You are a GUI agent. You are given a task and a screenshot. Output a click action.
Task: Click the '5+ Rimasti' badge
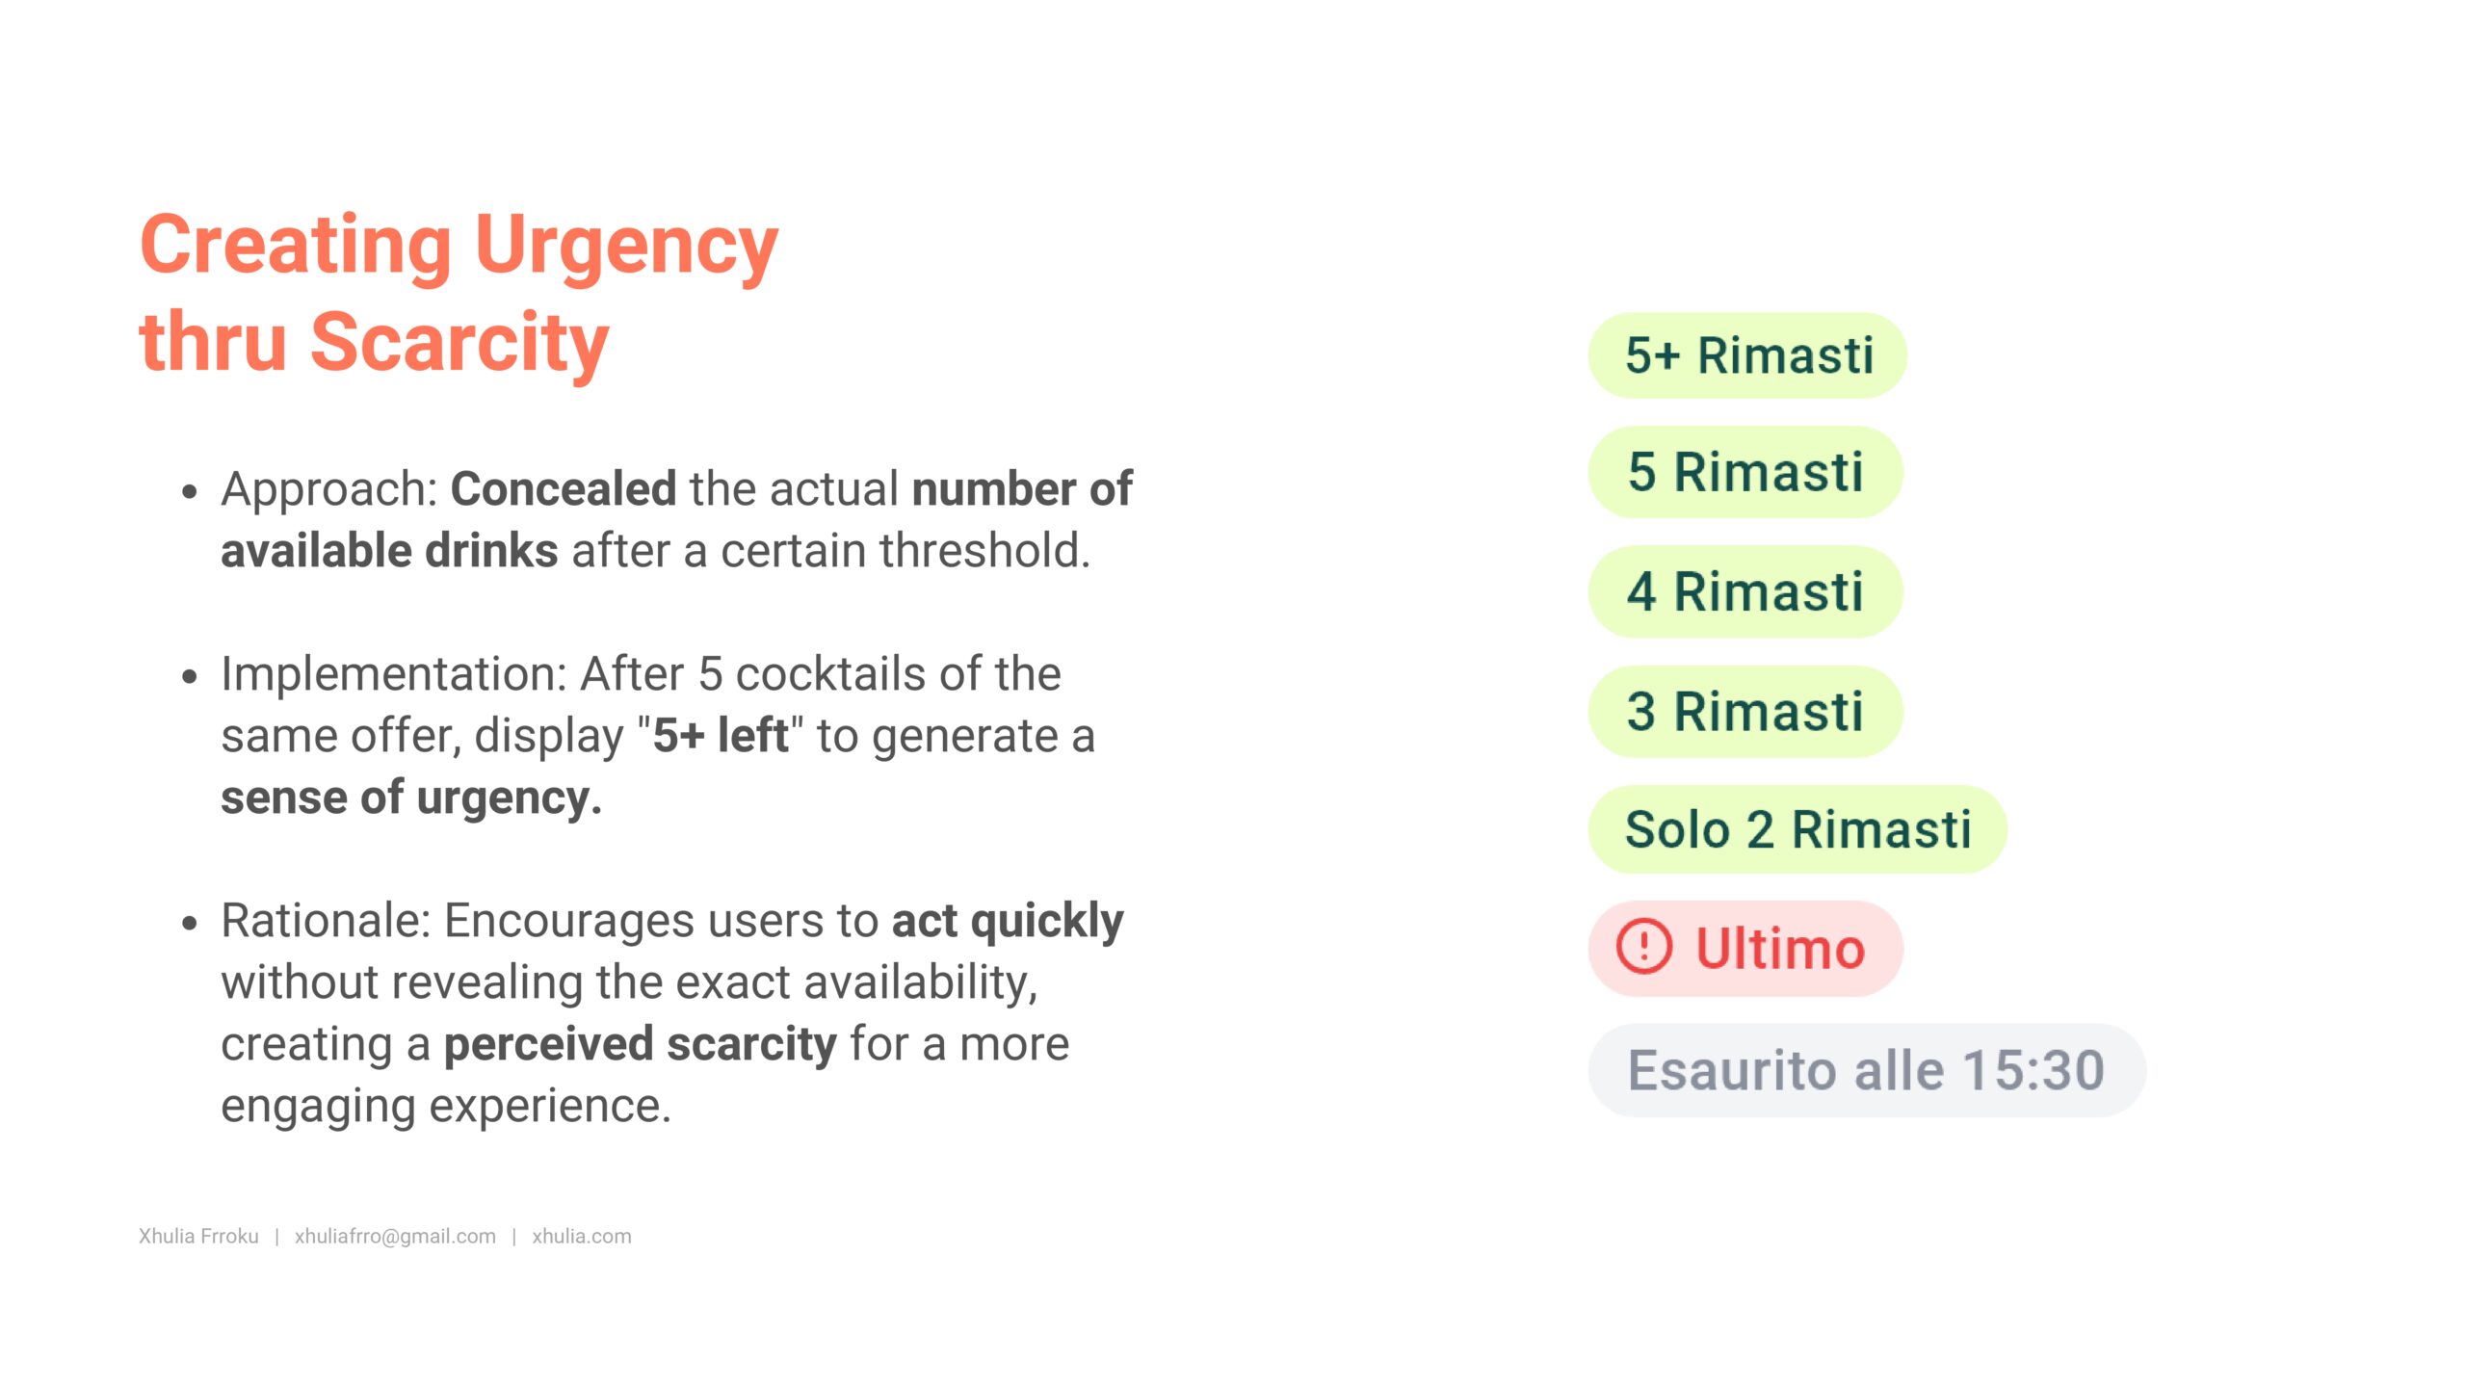pyautogui.click(x=1746, y=355)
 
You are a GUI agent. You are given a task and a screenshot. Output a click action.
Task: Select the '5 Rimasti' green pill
pyautogui.click(x=1745, y=472)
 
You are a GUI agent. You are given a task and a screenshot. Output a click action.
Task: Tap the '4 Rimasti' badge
pyautogui.click(x=1745, y=591)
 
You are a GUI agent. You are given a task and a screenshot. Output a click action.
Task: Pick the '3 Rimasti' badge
pyautogui.click(x=1745, y=712)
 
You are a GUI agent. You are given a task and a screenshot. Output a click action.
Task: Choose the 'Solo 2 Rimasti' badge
pyautogui.click(x=1797, y=830)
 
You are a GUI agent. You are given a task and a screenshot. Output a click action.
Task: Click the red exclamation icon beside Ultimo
pyautogui.click(x=1643, y=948)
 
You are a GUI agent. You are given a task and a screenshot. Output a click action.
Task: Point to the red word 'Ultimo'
pyautogui.click(x=1780, y=949)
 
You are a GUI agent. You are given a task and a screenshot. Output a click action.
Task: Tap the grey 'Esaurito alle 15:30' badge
pyautogui.click(x=1866, y=1070)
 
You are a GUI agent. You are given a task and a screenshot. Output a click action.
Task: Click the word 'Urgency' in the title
pyautogui.click(x=626, y=246)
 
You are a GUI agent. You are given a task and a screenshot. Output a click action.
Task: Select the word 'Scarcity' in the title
pyautogui.click(x=459, y=342)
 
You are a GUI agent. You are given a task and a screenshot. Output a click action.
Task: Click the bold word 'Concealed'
pyautogui.click(x=563, y=489)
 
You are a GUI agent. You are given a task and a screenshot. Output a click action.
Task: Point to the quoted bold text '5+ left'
pyautogui.click(x=721, y=736)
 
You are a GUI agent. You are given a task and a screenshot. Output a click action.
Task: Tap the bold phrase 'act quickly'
pyautogui.click(x=1008, y=921)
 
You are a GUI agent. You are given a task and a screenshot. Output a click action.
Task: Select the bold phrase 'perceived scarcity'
pyautogui.click(x=640, y=1044)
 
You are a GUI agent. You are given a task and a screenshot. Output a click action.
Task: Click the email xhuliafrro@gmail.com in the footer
pyautogui.click(x=395, y=1236)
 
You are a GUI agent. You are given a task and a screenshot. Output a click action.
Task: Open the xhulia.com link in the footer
pyautogui.click(x=582, y=1236)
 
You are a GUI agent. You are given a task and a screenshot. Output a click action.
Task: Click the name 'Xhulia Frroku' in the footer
pyautogui.click(x=198, y=1236)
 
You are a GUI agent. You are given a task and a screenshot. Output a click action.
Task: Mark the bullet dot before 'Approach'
pyautogui.click(x=190, y=491)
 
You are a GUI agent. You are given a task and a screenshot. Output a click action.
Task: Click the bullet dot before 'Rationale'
pyautogui.click(x=190, y=923)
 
